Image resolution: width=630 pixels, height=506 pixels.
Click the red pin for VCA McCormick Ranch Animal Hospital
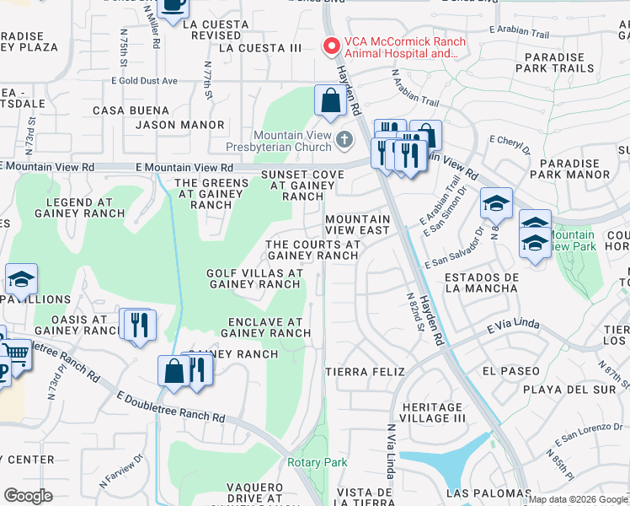331,46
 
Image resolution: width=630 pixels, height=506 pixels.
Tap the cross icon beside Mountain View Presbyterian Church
343,138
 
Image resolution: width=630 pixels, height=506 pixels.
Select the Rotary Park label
317,462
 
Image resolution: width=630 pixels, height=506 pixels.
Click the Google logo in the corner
28,496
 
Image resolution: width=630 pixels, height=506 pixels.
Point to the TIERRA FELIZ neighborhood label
365,372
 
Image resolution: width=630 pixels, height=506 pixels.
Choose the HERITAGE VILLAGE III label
433,412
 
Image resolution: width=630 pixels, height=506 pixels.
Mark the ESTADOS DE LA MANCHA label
481,283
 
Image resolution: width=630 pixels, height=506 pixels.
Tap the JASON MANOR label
181,125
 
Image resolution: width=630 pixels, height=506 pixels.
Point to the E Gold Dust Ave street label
144,81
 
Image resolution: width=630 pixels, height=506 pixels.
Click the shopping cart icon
16,353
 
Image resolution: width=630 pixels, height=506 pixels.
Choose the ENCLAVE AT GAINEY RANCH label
265,327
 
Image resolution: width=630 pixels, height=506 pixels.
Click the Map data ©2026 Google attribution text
578,499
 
